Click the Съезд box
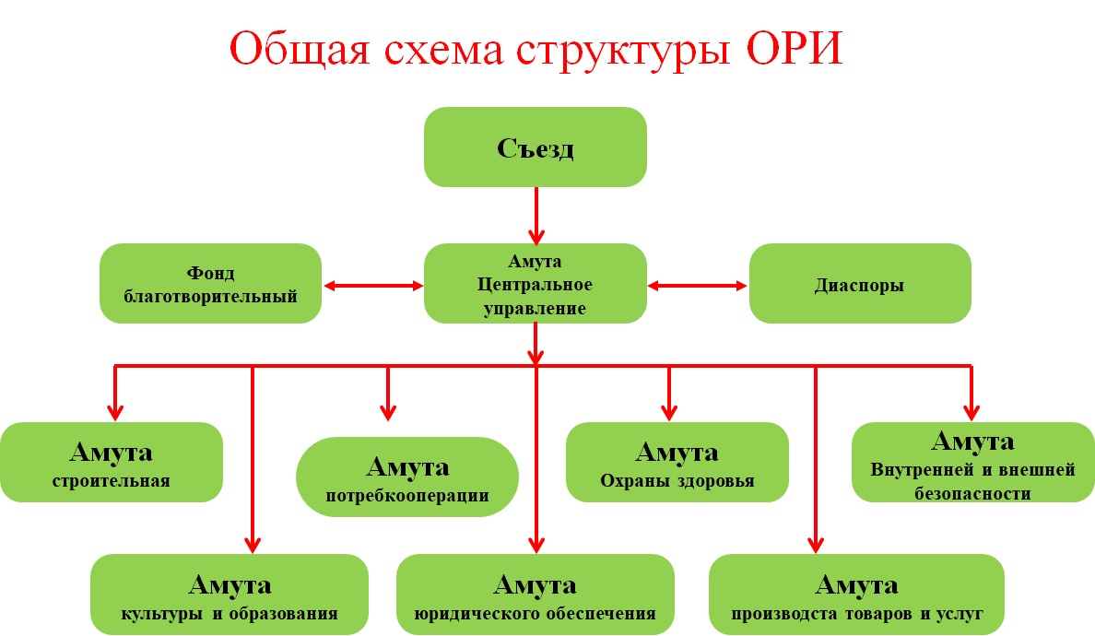tap(535, 147)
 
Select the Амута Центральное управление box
tap(535, 284)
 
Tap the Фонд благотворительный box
tap(210, 284)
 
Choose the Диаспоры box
tap(859, 284)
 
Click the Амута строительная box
tap(112, 463)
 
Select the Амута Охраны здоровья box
tap(677, 463)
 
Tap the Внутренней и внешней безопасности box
tap(971, 463)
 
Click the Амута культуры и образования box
tap(230, 595)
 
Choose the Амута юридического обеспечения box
tap(535, 595)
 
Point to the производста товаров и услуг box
tap(856, 595)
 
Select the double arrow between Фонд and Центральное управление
tap(372, 287)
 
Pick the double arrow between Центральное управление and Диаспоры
tap(698, 287)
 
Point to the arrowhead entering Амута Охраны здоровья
tap(670, 411)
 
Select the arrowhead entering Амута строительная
tap(115, 411)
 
